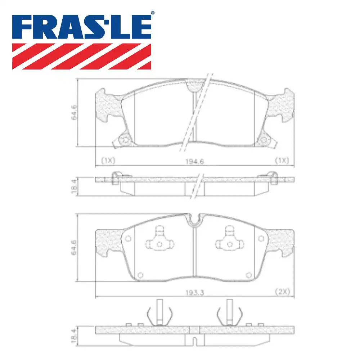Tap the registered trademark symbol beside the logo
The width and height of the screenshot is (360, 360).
pyautogui.click(x=153, y=13)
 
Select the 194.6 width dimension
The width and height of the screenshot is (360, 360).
pyautogui.click(x=195, y=162)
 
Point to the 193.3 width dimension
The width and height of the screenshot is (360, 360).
pyautogui.click(x=195, y=293)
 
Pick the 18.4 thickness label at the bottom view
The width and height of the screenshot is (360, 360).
pyautogui.click(x=73, y=334)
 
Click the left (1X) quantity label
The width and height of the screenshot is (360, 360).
pyautogui.click(x=108, y=161)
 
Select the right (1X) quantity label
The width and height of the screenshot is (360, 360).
pyautogui.click(x=282, y=161)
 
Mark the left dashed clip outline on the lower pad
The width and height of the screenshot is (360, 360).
pyautogui.click(x=158, y=239)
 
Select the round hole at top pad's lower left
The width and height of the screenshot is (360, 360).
pyautogui.click(x=125, y=140)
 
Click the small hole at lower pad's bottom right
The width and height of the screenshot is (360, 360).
pyautogui.click(x=248, y=275)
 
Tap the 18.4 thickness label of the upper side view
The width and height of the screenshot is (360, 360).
pyautogui.click(x=73, y=187)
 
